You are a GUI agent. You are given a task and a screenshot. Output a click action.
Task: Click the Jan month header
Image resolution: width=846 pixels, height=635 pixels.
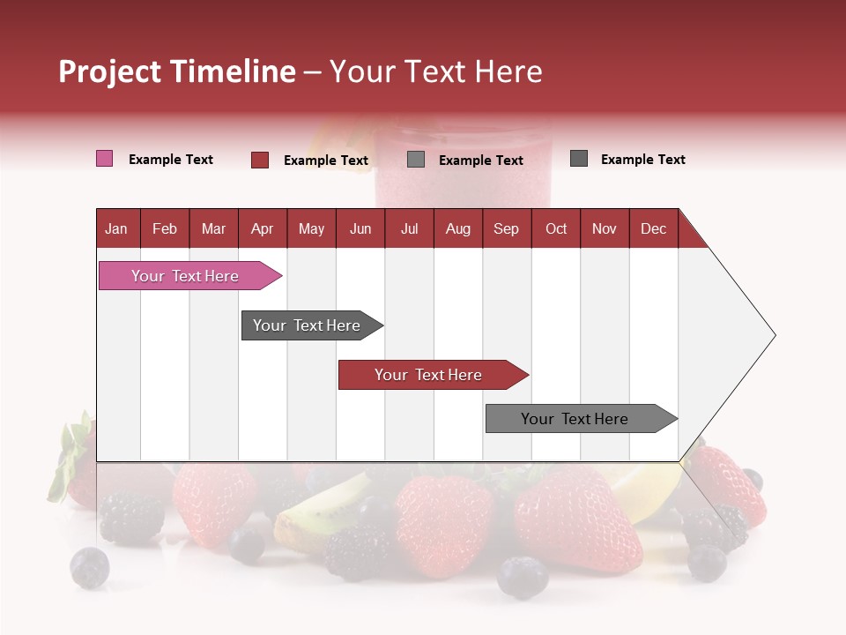click(116, 228)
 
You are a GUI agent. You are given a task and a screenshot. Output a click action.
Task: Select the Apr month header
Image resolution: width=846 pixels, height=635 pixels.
click(262, 228)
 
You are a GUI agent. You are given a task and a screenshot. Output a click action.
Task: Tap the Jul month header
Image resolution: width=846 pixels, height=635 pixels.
click(409, 228)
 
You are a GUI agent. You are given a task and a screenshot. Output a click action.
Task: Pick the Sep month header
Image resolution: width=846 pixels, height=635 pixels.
click(506, 228)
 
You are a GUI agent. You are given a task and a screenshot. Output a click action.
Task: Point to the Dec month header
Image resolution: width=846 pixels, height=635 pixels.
click(653, 228)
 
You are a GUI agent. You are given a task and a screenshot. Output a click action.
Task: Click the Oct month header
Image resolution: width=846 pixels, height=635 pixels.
click(556, 228)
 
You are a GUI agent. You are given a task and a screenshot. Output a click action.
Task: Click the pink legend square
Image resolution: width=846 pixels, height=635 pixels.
click(104, 159)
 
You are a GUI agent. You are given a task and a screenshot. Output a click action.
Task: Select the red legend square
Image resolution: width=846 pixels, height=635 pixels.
click(259, 160)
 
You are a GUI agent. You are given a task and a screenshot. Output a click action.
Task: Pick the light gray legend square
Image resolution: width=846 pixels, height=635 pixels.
click(416, 160)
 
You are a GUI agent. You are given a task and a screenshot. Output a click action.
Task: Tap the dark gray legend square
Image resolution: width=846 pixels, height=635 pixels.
click(578, 159)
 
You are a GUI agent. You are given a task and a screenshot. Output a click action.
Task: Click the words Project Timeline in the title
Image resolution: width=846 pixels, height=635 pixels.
click(176, 71)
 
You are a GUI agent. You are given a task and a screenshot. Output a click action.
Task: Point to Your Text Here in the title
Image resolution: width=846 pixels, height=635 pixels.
click(435, 71)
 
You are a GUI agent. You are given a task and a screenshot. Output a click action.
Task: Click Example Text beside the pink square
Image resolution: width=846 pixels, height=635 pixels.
click(171, 160)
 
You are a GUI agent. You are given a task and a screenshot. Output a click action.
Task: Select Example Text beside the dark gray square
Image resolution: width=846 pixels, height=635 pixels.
click(642, 160)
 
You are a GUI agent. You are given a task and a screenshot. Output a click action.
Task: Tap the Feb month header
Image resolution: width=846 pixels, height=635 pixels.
click(165, 228)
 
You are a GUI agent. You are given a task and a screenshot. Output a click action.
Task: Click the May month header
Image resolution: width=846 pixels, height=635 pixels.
click(311, 228)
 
